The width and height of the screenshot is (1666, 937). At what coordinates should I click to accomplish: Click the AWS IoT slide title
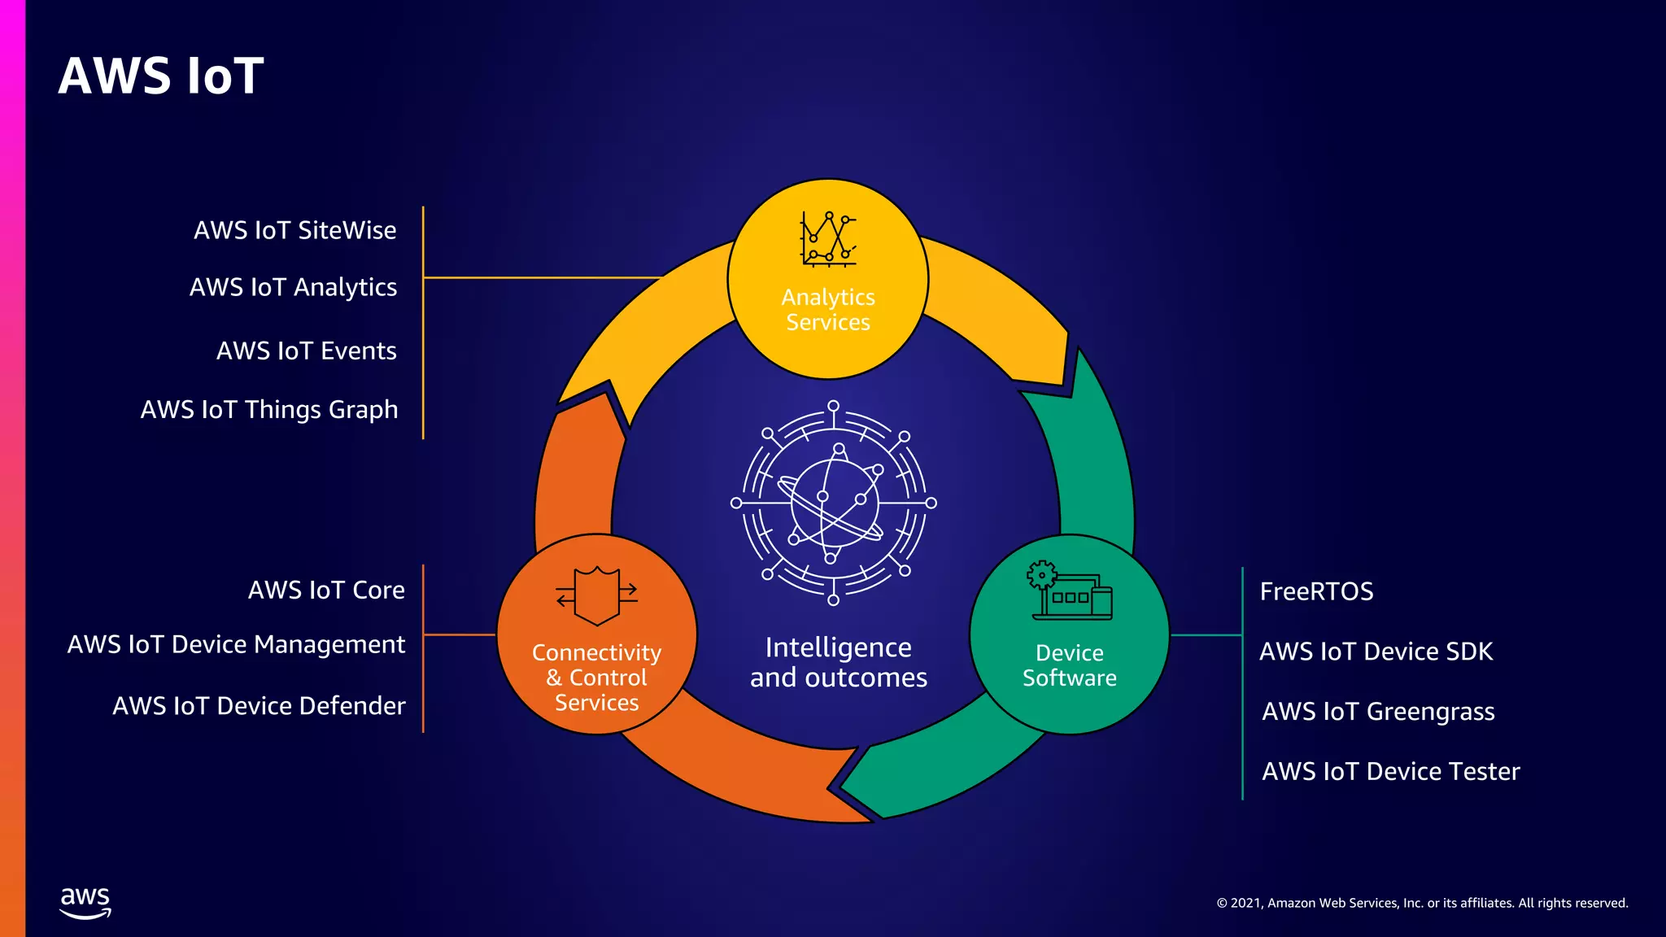[x=161, y=76]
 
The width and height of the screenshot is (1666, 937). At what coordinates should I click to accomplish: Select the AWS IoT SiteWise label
[x=294, y=230]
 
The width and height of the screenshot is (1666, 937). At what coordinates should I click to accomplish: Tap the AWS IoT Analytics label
[x=293, y=287]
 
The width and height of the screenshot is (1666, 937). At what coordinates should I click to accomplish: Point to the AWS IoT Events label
[x=306, y=351]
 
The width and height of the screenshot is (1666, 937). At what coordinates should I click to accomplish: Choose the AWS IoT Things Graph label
[x=269, y=409]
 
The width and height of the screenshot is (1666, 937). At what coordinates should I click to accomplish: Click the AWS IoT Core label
[x=326, y=590]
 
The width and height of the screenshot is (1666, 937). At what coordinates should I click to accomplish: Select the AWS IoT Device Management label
[x=236, y=644]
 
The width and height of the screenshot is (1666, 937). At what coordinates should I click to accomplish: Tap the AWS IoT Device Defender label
[x=259, y=705]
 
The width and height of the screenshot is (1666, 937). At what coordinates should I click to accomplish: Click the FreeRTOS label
[x=1316, y=591]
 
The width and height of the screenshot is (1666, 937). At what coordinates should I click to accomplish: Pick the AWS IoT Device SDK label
[x=1376, y=652]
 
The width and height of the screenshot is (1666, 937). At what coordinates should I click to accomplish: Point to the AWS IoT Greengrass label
[x=1378, y=712]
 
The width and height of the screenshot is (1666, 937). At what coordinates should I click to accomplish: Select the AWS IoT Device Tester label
[x=1390, y=771]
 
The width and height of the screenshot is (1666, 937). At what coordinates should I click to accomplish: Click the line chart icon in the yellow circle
[x=828, y=239]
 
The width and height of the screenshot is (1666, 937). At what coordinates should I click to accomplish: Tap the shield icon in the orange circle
[x=597, y=595]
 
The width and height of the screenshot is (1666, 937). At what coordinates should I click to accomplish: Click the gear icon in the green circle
[x=1042, y=575]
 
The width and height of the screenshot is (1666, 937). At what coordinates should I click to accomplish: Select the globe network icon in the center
[x=833, y=503]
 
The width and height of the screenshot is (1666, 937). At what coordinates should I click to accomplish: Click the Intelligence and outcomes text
[x=838, y=662]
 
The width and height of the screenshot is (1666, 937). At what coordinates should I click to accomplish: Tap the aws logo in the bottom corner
[x=85, y=903]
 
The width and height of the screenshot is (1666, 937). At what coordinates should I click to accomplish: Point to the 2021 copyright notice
[x=1422, y=903]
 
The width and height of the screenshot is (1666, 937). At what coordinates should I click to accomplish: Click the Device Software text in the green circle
[x=1069, y=665]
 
